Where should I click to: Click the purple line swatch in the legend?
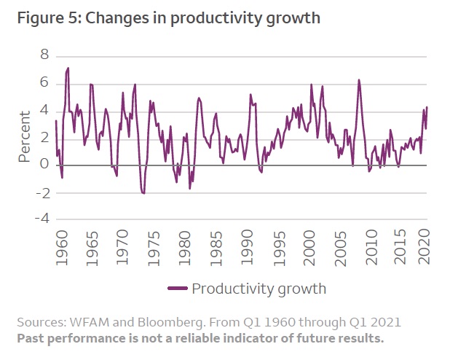(x=177, y=288)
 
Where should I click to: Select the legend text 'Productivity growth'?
(x=258, y=288)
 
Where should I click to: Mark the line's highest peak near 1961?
(x=68, y=68)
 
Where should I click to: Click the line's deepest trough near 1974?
(x=143, y=193)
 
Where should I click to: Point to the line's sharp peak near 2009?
(x=359, y=80)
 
